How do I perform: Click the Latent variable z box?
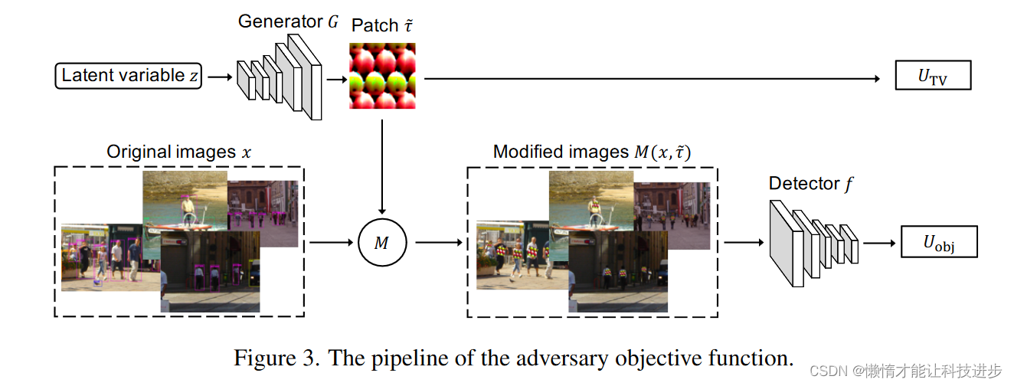(x=129, y=76)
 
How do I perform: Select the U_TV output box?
(x=933, y=76)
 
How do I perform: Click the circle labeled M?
(x=381, y=243)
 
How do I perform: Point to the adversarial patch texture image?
(x=382, y=76)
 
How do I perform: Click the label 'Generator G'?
(x=288, y=21)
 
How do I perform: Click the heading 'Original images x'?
(x=178, y=152)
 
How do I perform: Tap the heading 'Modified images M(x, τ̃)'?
(x=592, y=152)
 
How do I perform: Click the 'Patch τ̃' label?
(x=381, y=25)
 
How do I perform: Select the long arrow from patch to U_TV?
(x=651, y=77)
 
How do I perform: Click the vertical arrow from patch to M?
(x=381, y=165)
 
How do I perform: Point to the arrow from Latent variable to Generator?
(x=219, y=77)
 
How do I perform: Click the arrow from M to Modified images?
(x=437, y=243)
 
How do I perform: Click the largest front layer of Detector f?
(x=785, y=243)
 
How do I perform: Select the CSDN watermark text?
(x=904, y=371)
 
